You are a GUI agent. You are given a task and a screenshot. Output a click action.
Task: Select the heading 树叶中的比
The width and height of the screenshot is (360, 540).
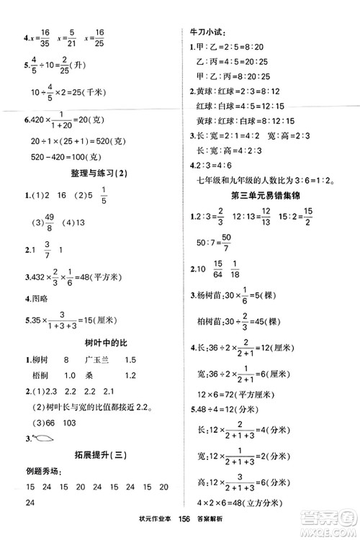click(x=91, y=340)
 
